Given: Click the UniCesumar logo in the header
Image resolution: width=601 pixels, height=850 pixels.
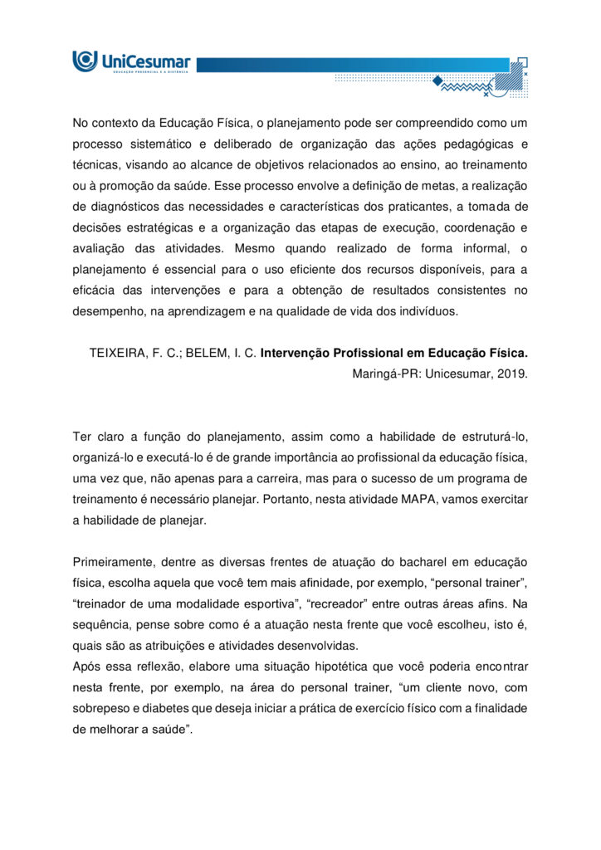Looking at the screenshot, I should tap(131, 62).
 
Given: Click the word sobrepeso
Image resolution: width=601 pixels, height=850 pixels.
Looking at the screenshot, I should tap(101, 708).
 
